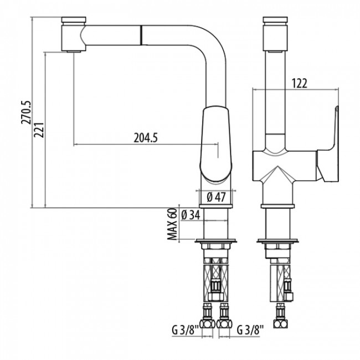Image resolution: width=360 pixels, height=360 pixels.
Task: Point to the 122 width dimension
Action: point(299,83)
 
